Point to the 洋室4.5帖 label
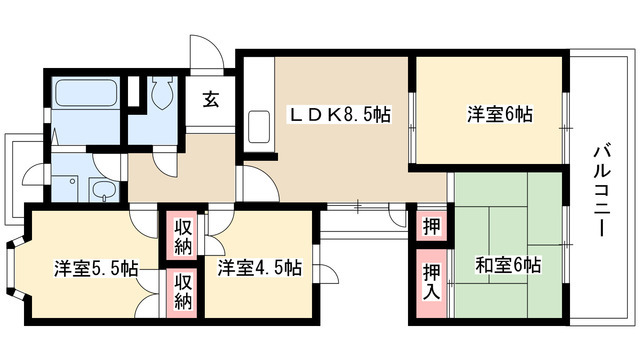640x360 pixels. pyautogui.click(x=260, y=267)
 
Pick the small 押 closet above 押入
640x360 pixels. pyautogui.click(x=431, y=226)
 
